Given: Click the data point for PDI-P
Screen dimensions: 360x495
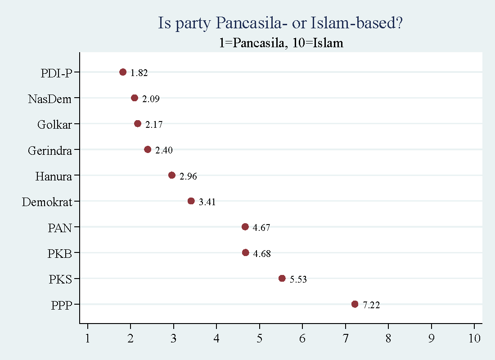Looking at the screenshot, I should [x=123, y=72].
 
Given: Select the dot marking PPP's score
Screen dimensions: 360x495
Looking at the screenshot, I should [x=355, y=304].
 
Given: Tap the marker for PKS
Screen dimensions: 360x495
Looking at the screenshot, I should [x=282, y=278].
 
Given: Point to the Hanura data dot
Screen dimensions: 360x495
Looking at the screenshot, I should [x=171, y=175].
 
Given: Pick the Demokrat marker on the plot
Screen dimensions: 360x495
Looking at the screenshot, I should [x=191, y=201].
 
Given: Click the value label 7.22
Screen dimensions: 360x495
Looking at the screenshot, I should [x=371, y=305].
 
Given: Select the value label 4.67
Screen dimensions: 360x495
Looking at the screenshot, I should [x=261, y=228].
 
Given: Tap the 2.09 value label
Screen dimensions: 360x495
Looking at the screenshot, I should [x=151, y=99].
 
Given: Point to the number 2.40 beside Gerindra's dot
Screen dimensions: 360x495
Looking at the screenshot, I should [x=164, y=150].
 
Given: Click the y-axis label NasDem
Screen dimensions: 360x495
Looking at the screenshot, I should [x=49, y=99].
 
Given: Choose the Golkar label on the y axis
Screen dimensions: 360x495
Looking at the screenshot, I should [x=54, y=125].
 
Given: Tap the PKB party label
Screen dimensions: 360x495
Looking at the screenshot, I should [x=60, y=254].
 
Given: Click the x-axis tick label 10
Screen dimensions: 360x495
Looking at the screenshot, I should [x=474, y=338].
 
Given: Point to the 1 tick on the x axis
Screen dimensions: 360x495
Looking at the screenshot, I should [x=88, y=338].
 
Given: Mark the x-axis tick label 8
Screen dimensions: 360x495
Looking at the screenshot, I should [x=388, y=338].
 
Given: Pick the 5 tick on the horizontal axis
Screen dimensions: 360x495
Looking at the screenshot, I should [x=260, y=338].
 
